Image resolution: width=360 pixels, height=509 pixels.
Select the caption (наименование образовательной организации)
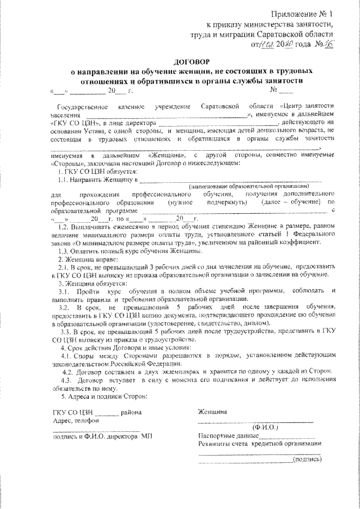(250, 186)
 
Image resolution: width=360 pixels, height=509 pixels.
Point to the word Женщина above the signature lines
(213, 412)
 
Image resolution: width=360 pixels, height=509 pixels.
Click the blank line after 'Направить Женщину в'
(231, 180)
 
